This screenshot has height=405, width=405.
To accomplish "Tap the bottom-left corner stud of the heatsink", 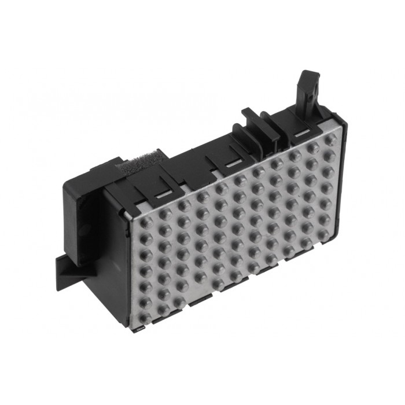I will point(145,318).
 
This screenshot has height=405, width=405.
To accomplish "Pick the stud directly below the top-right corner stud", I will point(329,155).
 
